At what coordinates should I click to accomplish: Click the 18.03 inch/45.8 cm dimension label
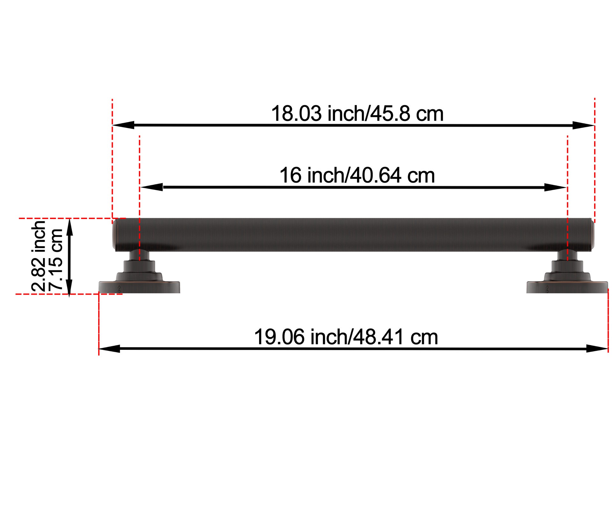pos(357,114)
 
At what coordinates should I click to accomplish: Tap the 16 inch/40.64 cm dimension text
pos(357,176)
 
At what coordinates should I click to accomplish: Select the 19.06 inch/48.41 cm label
pos(346,337)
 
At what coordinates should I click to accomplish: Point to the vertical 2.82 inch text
pos(39,256)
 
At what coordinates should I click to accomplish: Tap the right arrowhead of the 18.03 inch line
pos(583,125)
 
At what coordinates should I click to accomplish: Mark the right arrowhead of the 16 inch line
pos(555,187)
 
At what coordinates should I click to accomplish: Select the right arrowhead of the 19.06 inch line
pos(597,349)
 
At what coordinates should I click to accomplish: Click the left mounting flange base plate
pos(139,287)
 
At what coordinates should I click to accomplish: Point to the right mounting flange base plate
pos(567,287)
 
